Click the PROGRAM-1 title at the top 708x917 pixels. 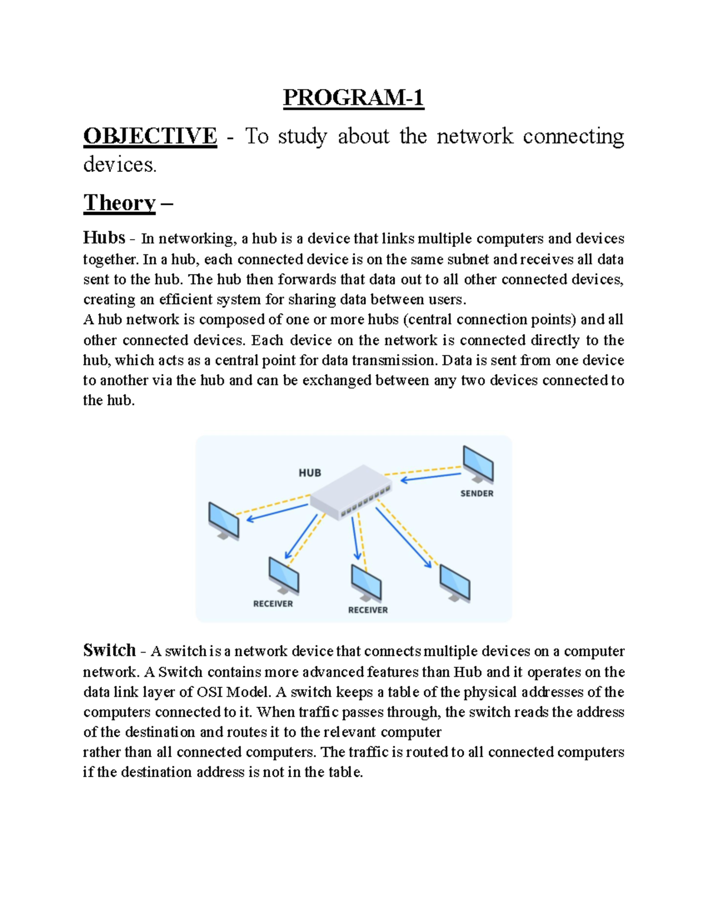click(x=353, y=97)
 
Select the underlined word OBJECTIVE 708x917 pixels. click(x=150, y=136)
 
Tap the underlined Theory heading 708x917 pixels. click(x=120, y=203)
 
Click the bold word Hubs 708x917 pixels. click(x=104, y=238)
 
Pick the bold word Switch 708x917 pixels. click(x=110, y=650)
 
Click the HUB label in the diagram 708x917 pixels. click(x=310, y=472)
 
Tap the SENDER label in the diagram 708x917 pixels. click(x=477, y=493)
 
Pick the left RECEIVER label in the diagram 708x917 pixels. click(x=273, y=603)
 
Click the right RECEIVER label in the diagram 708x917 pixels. click(x=368, y=610)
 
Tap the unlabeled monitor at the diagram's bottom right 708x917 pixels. click(x=454, y=583)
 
